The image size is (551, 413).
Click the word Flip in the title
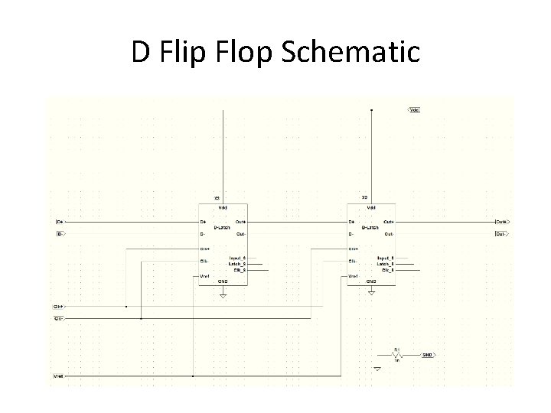point(194,53)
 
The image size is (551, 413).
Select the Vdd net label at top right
point(414,110)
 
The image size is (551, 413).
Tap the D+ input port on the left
point(60,222)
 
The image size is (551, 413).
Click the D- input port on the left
point(60,233)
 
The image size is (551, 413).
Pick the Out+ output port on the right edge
point(502,222)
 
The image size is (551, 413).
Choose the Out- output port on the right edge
point(501,233)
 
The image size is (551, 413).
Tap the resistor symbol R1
point(397,356)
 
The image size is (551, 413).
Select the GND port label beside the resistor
point(428,356)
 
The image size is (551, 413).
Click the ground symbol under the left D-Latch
point(223,294)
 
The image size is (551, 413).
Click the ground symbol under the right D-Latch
point(371,294)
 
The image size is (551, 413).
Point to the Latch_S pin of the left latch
point(237,264)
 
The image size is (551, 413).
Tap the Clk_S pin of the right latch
point(386,270)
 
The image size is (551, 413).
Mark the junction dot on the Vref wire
point(193,376)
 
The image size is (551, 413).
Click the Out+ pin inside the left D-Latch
point(240,222)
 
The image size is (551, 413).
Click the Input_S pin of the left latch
point(237,259)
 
